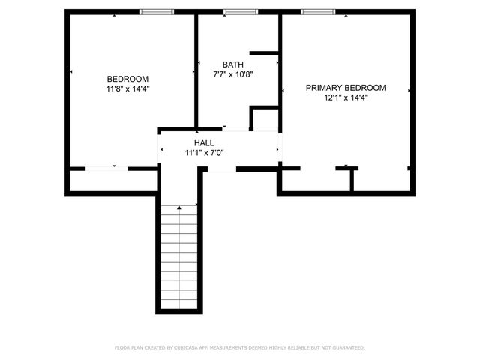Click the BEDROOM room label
tap(127, 79)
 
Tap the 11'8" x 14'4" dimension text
tap(127, 88)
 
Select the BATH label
tap(232, 64)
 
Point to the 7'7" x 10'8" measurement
tap(232, 74)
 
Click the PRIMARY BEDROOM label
tap(346, 88)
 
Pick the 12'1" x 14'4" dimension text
tap(346, 97)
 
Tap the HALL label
tap(204, 142)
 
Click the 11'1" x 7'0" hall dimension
tap(204, 152)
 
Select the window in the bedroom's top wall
tap(157, 11)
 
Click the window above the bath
tap(240, 11)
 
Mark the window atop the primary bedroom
tap(318, 11)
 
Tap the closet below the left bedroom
tap(112, 181)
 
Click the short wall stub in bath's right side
tap(263, 52)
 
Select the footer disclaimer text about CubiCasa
tap(240, 347)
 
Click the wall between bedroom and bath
tap(196, 71)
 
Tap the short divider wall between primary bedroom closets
tap(352, 181)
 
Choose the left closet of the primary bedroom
tap(315, 181)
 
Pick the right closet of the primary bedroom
tap(381, 181)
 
